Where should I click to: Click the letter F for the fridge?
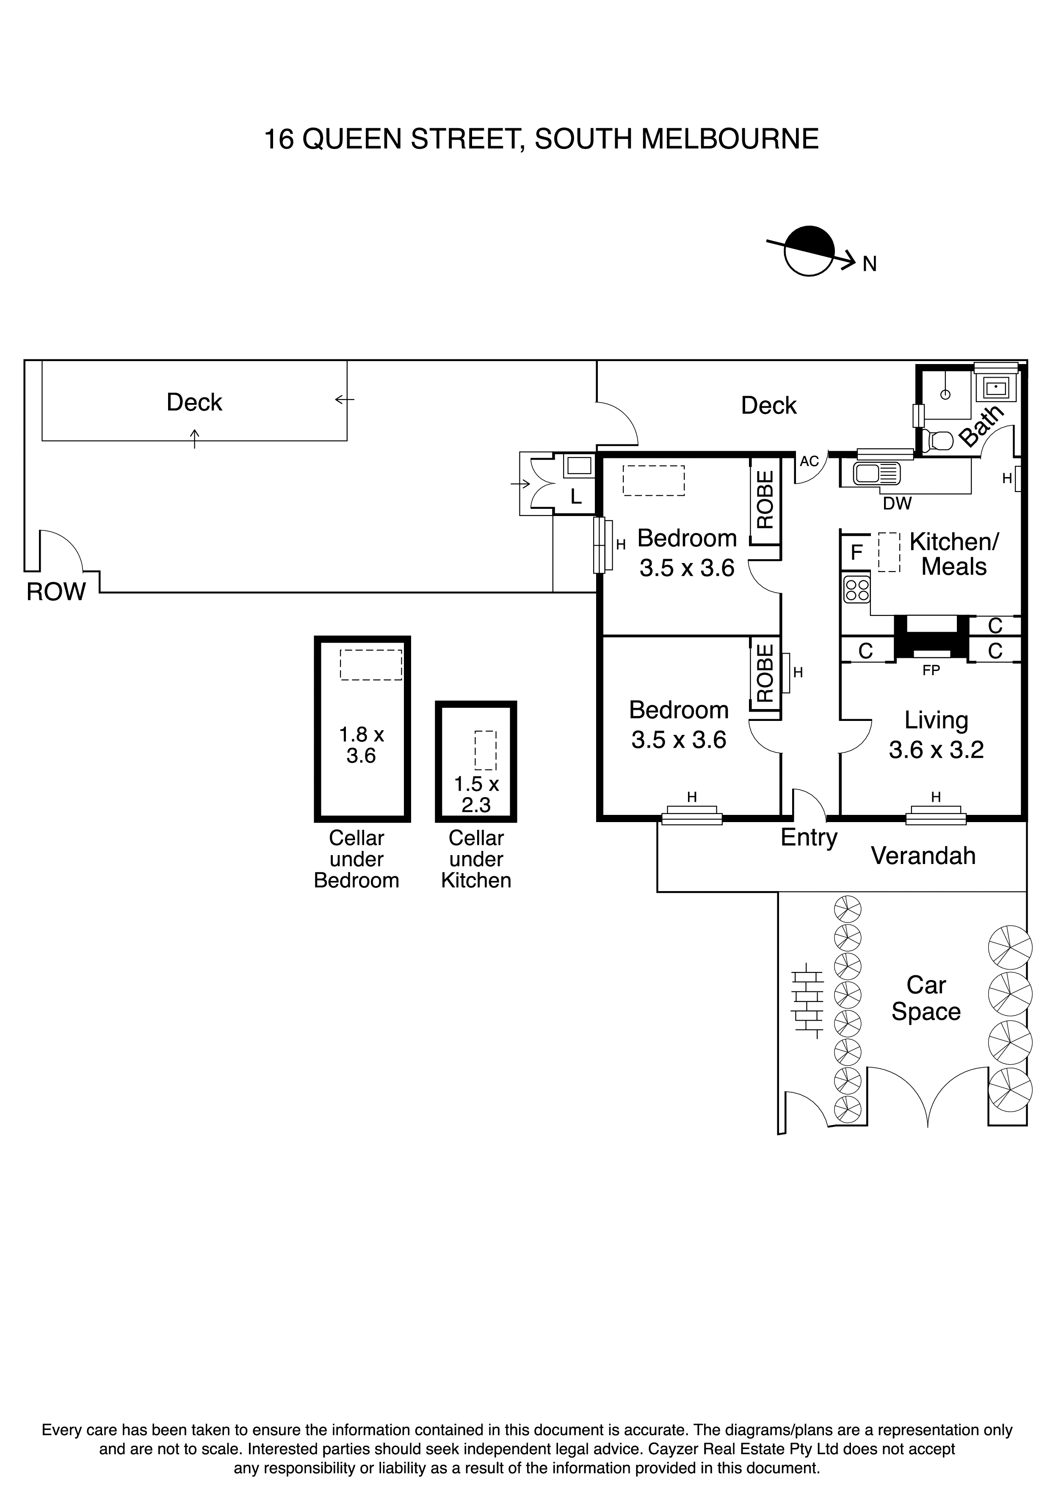[x=857, y=553]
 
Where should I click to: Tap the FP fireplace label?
[x=931, y=671]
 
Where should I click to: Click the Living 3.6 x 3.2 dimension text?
[x=936, y=750]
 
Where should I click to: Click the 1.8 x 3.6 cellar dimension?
[x=362, y=745]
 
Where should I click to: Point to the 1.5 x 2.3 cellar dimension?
[x=476, y=794]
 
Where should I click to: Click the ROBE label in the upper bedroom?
[x=765, y=500]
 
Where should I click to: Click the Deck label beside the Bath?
[x=768, y=406]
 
